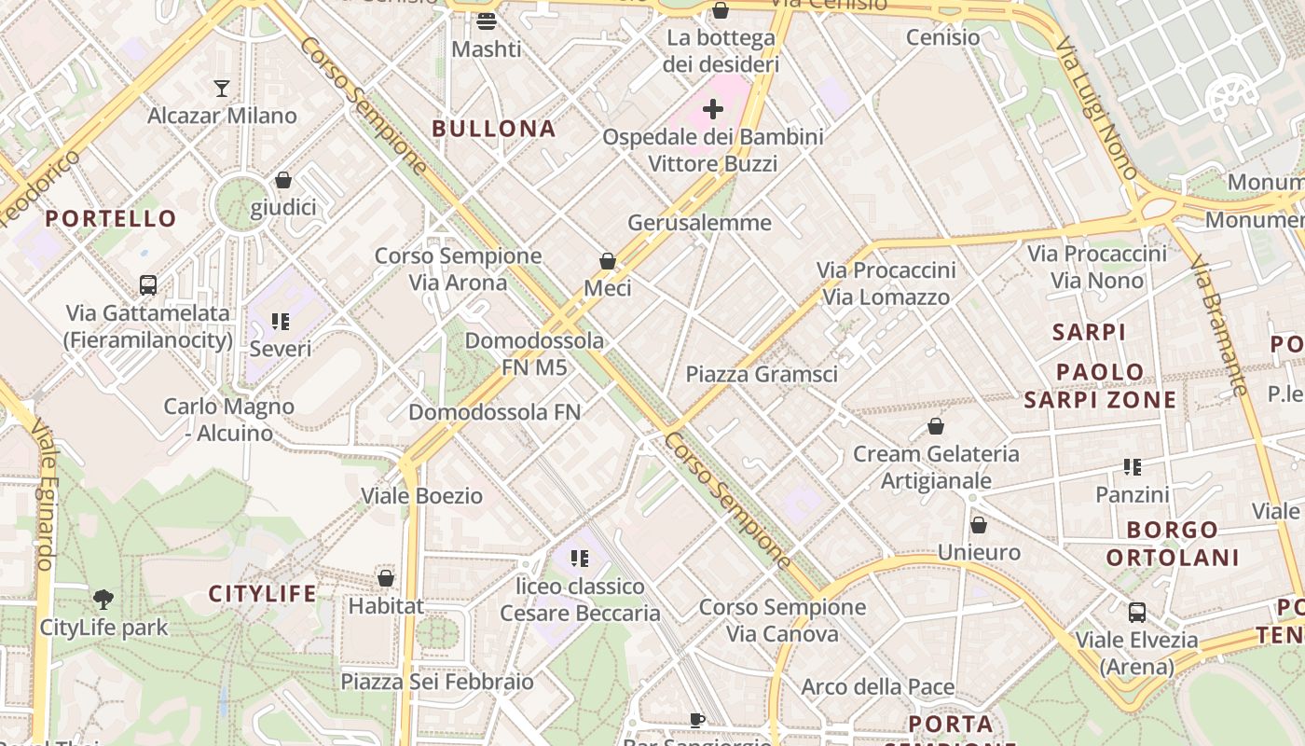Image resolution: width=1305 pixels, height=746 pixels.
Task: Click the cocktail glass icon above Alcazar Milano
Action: [221, 89]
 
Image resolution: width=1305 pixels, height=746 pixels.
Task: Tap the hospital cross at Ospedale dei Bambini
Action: [713, 109]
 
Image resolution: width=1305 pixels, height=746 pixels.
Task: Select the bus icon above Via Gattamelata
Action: [147, 285]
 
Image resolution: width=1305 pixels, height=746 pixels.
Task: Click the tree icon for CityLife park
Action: [103, 600]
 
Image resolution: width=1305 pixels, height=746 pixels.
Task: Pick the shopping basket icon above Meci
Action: [608, 261]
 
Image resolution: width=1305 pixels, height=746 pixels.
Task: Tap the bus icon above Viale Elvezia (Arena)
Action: [1136, 613]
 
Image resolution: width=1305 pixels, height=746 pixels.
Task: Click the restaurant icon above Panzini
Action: [1133, 467]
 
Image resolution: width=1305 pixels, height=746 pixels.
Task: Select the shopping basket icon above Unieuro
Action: [979, 525]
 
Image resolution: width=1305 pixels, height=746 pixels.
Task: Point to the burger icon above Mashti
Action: [486, 21]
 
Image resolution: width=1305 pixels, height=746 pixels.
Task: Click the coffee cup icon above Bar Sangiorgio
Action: [696, 719]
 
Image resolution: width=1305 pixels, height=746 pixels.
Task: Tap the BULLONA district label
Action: [494, 129]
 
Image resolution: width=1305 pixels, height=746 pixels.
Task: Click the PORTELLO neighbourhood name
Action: [111, 219]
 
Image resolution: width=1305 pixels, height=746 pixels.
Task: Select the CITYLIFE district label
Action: [262, 594]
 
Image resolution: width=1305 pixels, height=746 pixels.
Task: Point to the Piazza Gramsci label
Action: [762, 374]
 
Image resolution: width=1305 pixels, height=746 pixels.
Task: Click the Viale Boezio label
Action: [421, 495]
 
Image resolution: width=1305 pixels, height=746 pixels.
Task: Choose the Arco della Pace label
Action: [878, 687]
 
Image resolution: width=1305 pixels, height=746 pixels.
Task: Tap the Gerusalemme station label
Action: [699, 223]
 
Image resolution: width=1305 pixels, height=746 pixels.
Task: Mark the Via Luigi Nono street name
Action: [1095, 108]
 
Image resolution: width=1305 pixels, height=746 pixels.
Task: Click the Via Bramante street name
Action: [1217, 326]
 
